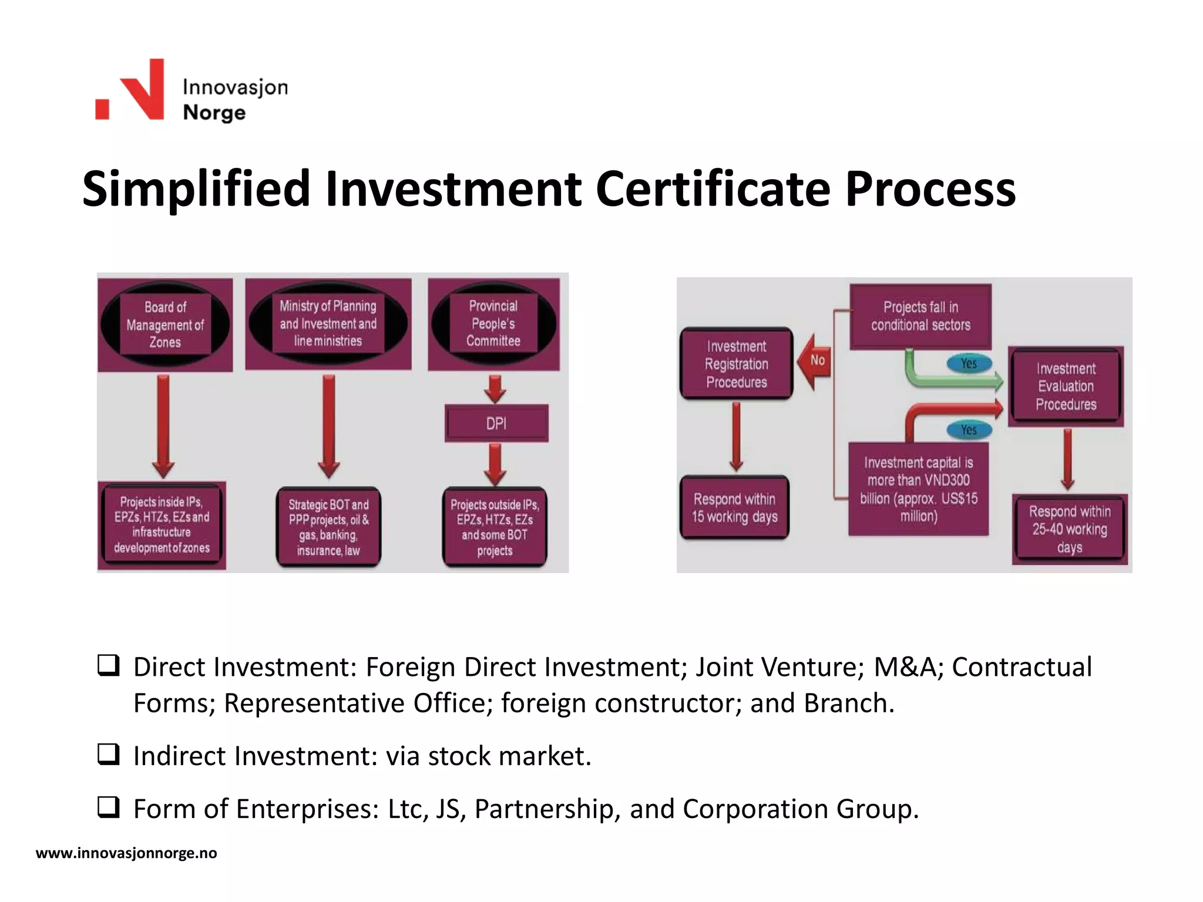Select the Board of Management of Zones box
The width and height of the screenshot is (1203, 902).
(x=165, y=324)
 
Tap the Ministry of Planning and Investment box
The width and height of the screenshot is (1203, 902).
(x=328, y=324)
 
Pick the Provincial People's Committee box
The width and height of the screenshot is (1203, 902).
(x=493, y=324)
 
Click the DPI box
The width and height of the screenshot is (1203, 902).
(x=496, y=423)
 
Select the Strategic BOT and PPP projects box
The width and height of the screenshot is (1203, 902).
(x=328, y=527)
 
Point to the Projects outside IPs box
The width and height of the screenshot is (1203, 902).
(x=495, y=527)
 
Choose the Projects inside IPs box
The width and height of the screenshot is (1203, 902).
(x=162, y=525)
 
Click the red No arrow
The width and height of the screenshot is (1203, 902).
(x=815, y=361)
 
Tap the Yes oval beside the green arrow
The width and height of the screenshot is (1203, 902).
(x=969, y=364)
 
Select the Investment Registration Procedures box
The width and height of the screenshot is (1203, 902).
(x=737, y=364)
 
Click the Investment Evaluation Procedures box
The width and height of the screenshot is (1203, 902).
(x=1066, y=386)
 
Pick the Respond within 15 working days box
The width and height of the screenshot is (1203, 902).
(x=734, y=508)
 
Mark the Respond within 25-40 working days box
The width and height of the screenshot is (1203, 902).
(x=1069, y=529)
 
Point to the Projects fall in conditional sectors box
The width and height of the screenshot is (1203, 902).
(x=920, y=317)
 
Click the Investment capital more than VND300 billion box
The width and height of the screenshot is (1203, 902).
(x=919, y=489)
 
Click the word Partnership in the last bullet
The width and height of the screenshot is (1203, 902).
(x=547, y=809)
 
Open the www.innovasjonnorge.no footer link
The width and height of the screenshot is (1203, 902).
(x=126, y=853)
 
